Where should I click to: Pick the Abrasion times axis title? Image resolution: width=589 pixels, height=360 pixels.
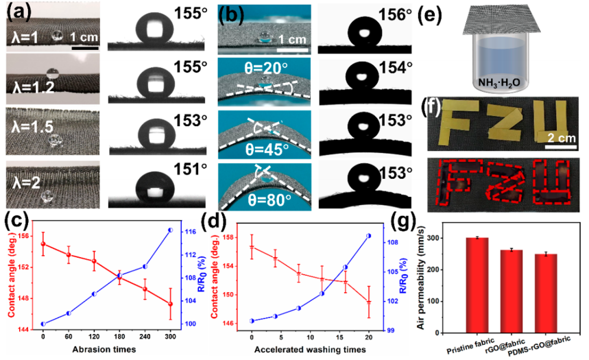pos(102,350)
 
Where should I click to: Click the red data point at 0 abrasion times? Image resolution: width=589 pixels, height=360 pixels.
pos(43,244)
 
